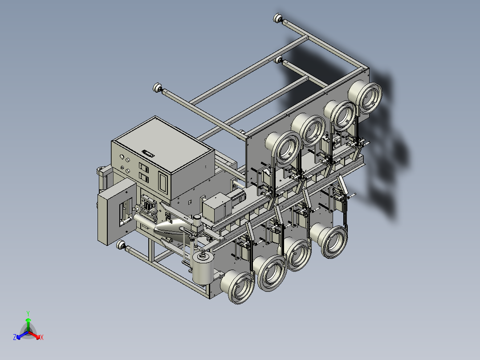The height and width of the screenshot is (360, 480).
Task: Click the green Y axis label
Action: pyautogui.click(x=28, y=313)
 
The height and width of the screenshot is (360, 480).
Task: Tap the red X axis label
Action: pyautogui.click(x=42, y=337)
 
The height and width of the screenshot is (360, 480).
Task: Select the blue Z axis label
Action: pyautogui.click(x=15, y=337)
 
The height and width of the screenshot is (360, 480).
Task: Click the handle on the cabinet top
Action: pyautogui.click(x=148, y=153)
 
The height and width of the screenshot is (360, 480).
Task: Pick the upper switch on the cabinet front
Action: pyautogui.click(x=143, y=167)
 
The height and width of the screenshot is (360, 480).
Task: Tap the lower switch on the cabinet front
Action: pyautogui.click(x=143, y=177)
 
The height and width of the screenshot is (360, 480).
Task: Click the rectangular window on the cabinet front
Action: pyautogui.click(x=163, y=183)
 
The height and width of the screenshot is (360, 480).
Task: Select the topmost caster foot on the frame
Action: pyautogui.click(x=278, y=18)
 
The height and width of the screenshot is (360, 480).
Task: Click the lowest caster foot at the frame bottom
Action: pyautogui.click(x=121, y=245)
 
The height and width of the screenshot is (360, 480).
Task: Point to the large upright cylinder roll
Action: pyautogui.click(x=202, y=268)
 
